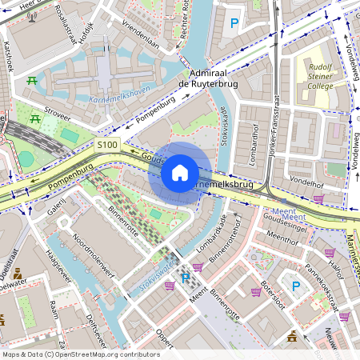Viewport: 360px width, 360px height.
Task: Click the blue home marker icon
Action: (x=180, y=173)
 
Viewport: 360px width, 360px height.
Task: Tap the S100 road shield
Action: (x=106, y=145)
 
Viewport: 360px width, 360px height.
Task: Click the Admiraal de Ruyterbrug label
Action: (x=206, y=78)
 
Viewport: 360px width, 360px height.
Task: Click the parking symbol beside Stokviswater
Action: (x=185, y=278)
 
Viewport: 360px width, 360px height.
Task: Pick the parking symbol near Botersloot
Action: (x=295, y=286)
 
